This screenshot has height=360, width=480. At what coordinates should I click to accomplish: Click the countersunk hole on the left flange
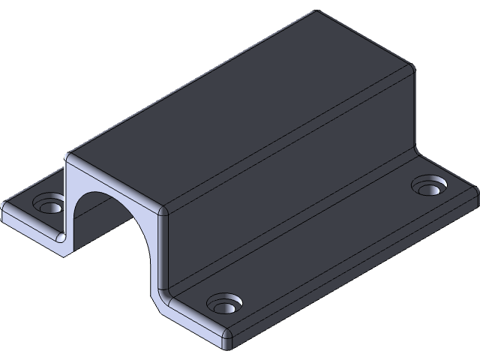click(x=49, y=204)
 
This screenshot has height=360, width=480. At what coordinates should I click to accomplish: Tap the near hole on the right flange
click(x=223, y=304)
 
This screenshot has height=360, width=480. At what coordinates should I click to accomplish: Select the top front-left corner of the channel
click(x=70, y=157)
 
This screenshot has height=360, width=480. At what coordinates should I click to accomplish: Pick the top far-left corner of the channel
click(x=315, y=13)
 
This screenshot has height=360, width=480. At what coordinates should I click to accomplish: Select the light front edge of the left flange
click(x=34, y=229)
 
